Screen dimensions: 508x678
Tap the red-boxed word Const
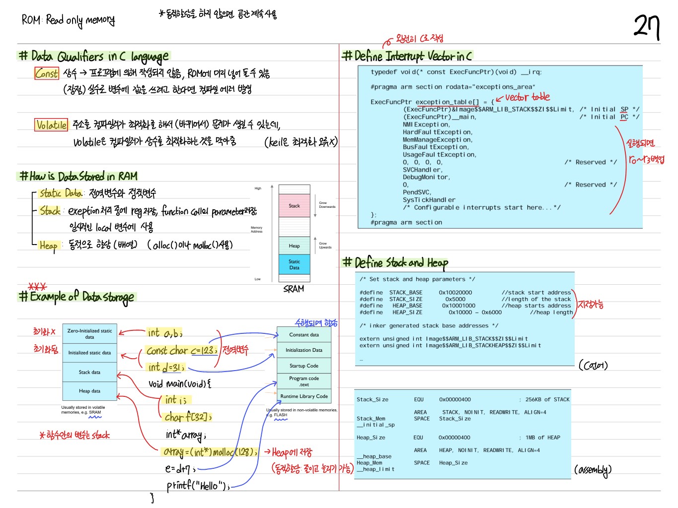point(47,73)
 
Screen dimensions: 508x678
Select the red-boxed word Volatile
point(51,125)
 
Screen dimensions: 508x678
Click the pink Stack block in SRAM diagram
point(294,206)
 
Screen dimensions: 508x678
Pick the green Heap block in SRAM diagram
point(294,246)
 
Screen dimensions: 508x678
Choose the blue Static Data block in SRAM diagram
point(294,264)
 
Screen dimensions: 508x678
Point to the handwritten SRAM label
point(294,289)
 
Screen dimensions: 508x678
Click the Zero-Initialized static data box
point(89,334)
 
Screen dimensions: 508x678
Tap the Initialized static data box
point(89,353)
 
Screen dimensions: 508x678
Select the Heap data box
point(89,391)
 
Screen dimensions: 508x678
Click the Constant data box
point(304,335)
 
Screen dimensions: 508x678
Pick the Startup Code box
point(304,366)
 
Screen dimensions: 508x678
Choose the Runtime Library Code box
point(304,396)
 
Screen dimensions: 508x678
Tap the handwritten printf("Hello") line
point(198,485)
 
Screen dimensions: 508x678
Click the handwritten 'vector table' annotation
point(527,97)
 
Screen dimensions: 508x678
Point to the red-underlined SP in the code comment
point(624,109)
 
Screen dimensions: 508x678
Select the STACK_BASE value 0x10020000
point(455,293)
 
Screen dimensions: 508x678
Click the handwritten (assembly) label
point(593,470)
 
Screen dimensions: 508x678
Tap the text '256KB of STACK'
point(547,399)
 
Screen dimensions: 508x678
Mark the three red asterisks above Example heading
point(37,287)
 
